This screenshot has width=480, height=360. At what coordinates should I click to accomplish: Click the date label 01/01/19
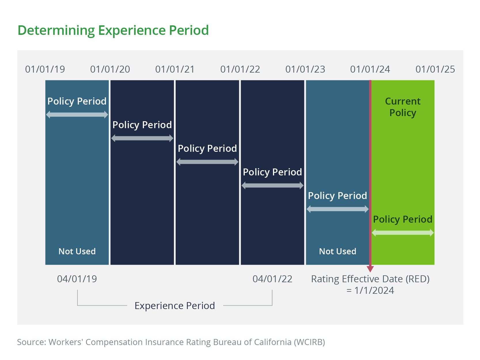coord(45,69)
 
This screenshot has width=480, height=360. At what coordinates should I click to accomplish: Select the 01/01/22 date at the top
coord(240,69)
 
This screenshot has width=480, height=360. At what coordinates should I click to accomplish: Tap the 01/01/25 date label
coord(435,69)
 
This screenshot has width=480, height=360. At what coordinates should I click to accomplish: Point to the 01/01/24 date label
coord(370,69)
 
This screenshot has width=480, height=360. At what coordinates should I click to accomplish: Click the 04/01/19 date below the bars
coord(77,279)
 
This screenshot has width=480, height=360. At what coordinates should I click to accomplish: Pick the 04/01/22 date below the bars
coord(272,279)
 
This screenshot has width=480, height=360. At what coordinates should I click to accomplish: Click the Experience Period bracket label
coord(175,306)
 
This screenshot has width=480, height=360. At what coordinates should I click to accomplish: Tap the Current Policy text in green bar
coord(403,107)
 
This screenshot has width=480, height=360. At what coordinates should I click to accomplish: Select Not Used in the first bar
coord(77,251)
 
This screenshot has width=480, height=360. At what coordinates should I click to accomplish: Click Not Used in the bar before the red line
coord(337,251)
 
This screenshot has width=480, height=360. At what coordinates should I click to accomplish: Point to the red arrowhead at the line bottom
coord(370,269)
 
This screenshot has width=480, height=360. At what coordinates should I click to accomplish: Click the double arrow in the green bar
coord(403,233)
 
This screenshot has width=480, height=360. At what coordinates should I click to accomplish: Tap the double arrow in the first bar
coord(77,115)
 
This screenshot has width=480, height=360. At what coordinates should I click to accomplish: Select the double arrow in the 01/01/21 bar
coord(207,162)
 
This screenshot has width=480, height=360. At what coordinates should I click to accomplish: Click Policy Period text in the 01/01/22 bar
coord(272,172)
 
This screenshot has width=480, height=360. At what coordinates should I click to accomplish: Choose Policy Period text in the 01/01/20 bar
coord(142,125)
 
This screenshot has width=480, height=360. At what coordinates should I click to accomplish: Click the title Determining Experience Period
coord(113,30)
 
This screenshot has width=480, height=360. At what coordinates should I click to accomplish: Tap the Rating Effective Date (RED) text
coord(370,279)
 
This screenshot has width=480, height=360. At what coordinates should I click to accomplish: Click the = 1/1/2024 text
coord(370,291)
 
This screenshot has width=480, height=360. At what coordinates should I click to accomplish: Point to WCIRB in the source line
coord(309,342)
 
